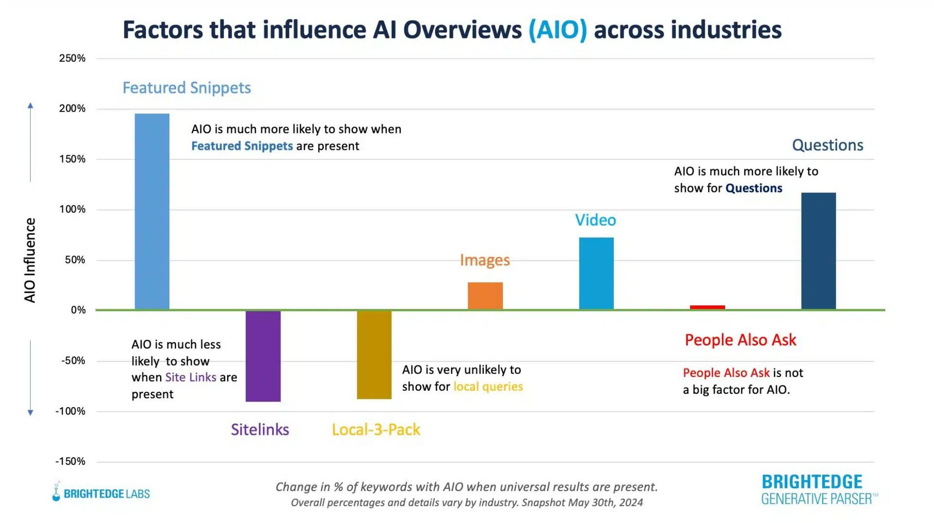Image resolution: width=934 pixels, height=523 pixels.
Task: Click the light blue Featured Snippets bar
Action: (152, 212)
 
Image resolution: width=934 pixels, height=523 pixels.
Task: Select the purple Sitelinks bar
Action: (263, 356)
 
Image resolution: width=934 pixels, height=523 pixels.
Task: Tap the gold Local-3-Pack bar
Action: (374, 355)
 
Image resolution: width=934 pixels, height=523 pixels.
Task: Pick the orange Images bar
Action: (485, 296)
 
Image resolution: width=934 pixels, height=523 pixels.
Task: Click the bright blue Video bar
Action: (596, 273)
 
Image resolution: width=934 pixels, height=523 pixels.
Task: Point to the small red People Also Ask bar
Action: (707, 307)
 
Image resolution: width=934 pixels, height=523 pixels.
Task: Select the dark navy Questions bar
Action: (818, 251)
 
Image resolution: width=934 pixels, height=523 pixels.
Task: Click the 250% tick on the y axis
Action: (72, 58)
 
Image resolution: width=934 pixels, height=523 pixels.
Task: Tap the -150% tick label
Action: (71, 461)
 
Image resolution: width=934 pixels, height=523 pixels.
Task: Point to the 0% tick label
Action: (78, 310)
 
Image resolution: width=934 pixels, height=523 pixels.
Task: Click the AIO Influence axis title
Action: (30, 260)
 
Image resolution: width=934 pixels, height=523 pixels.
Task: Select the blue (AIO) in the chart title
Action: (557, 30)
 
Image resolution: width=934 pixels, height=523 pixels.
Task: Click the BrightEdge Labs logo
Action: (101, 493)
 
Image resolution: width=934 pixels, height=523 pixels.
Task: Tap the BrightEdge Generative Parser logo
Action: (818, 489)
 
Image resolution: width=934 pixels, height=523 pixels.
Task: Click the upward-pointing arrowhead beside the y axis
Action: (30, 106)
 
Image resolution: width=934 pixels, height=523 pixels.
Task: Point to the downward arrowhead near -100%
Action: (30, 412)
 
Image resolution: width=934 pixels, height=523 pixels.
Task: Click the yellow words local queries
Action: (488, 387)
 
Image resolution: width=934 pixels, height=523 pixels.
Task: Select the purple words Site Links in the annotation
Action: (191, 377)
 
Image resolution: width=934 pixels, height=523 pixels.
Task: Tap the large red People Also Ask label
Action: (740, 340)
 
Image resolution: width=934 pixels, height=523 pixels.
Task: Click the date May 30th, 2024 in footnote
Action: (605, 503)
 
